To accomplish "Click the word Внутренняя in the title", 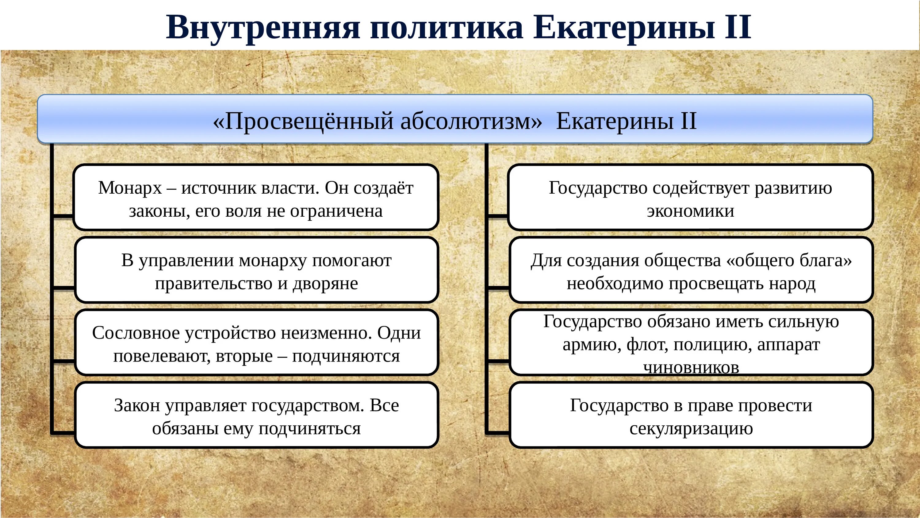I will [x=263, y=28].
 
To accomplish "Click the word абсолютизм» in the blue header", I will [x=471, y=121].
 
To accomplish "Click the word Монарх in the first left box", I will [x=130, y=188].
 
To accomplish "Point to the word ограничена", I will [x=336, y=211].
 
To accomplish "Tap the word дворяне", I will [x=325, y=284].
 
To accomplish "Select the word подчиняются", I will [x=346, y=356].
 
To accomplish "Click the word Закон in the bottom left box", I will [x=137, y=406].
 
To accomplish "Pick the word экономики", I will [x=690, y=211].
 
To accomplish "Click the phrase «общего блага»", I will [x=789, y=261].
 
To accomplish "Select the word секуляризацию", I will [x=691, y=429].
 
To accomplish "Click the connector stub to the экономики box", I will [x=497, y=216].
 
